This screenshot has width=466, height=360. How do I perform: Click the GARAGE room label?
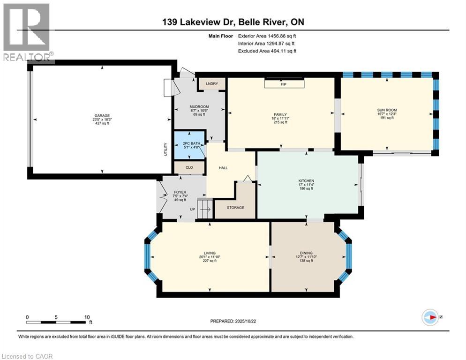(102, 116)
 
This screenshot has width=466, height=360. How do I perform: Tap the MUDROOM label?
(198, 106)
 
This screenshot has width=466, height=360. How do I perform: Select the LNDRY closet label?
(211, 84)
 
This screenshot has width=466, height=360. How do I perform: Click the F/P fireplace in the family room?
(283, 84)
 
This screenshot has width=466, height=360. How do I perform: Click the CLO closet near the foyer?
(189, 167)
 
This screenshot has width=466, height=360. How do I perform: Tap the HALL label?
(223, 167)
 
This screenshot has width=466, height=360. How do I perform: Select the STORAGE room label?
(235, 208)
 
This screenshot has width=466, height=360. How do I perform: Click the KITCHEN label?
(306, 181)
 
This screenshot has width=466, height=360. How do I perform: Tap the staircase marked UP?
(204, 208)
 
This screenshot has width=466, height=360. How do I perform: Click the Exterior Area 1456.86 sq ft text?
(267, 36)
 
